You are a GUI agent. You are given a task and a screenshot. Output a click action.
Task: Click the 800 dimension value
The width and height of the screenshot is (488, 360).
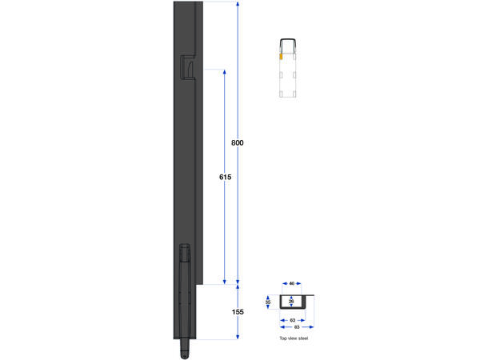[237, 143]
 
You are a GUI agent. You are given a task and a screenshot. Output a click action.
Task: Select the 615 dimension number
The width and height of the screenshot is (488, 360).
[225, 177]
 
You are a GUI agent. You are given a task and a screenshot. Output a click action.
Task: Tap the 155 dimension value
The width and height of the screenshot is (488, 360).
[238, 312]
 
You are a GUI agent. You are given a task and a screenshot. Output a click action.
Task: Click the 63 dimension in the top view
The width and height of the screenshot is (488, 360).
[293, 319]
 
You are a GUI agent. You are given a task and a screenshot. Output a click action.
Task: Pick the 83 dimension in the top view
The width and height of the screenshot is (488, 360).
[296, 326]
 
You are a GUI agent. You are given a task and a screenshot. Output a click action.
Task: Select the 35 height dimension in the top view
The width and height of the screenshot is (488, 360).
[269, 302]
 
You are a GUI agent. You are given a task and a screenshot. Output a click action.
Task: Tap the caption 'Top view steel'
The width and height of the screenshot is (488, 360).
[294, 338]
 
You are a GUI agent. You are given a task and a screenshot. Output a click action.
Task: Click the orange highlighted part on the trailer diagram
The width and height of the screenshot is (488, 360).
[280, 57]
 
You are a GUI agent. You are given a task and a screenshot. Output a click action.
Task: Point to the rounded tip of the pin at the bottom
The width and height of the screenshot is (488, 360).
[185, 352]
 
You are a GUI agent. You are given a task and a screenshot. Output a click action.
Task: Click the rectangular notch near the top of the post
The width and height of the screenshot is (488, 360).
[188, 67]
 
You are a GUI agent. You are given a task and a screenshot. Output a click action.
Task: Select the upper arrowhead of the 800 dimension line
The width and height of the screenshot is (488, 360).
[238, 5]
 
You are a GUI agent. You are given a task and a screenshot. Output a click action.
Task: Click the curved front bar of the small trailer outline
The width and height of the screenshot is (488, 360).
[289, 39]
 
